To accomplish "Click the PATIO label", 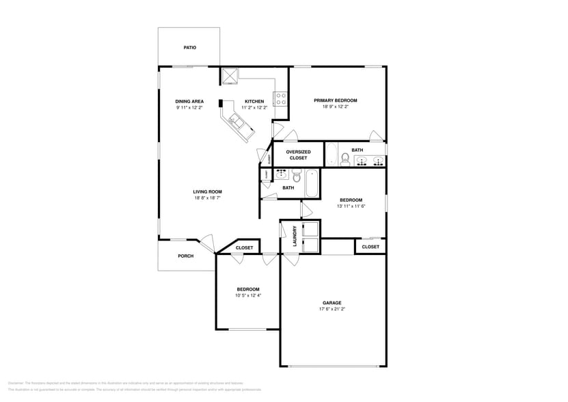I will point(189,48).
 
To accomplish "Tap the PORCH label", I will point(185,256).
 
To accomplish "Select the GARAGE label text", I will point(332,303).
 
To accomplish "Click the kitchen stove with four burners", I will point(280,98).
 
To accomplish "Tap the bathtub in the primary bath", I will point(331,155).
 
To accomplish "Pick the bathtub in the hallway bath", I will point(311,183).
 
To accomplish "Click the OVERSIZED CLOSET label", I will point(298,155).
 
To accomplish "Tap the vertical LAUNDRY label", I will point(295,236).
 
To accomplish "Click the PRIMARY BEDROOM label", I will point(335,100).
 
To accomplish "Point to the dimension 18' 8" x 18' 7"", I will point(207,198).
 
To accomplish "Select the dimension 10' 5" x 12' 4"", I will point(248,295).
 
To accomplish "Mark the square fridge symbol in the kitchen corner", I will point(228,75).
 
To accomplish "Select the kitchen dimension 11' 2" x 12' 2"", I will point(254,107).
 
